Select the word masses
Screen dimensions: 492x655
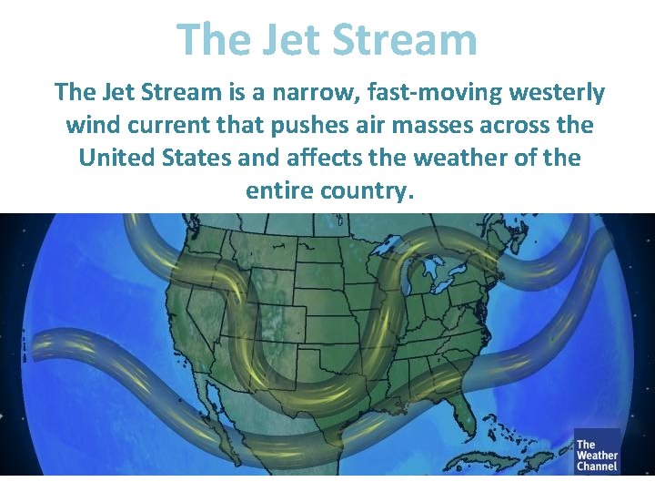[456, 125]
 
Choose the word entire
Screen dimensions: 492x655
[279, 190]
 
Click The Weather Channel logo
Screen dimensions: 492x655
[596, 451]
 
